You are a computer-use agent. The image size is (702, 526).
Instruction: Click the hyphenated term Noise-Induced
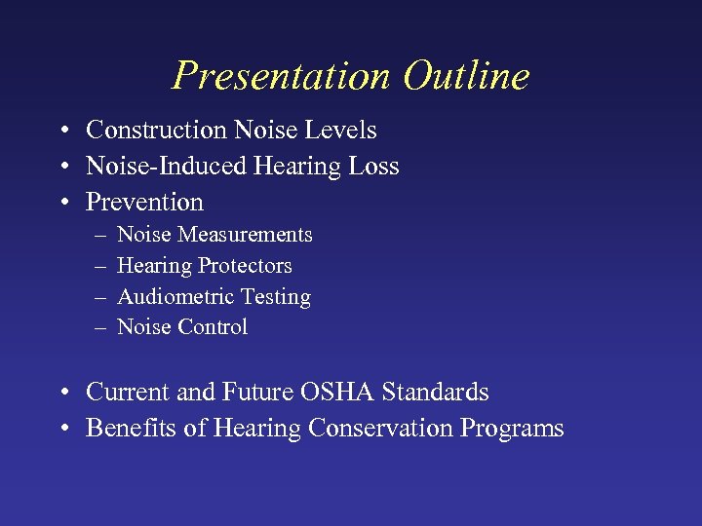[166, 167]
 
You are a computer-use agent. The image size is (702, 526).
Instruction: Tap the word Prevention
[144, 203]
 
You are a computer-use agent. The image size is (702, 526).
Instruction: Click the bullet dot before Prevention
[61, 204]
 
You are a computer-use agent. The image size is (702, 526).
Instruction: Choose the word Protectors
[245, 266]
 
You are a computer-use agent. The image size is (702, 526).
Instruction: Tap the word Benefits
[125, 429]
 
